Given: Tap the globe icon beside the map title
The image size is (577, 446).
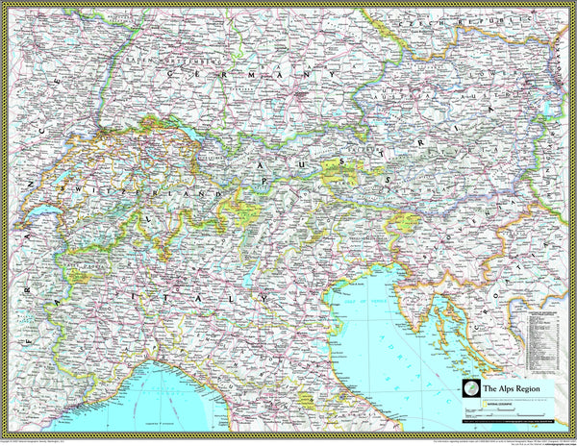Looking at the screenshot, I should [469, 387].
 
